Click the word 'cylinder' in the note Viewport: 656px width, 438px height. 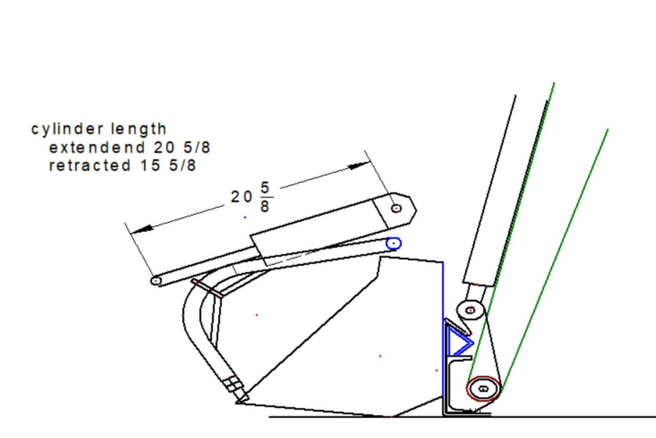coord(67,129)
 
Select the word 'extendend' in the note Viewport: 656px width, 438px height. coord(97,147)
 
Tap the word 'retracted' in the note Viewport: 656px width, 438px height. coord(90,165)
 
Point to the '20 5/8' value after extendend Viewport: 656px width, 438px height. coord(182,147)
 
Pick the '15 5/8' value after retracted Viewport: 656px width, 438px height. coord(168,165)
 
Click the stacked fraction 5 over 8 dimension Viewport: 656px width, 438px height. coord(265,197)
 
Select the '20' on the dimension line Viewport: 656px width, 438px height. coord(241,197)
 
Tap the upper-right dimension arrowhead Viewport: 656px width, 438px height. coord(359,165)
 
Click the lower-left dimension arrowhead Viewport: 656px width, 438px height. coord(142,230)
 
